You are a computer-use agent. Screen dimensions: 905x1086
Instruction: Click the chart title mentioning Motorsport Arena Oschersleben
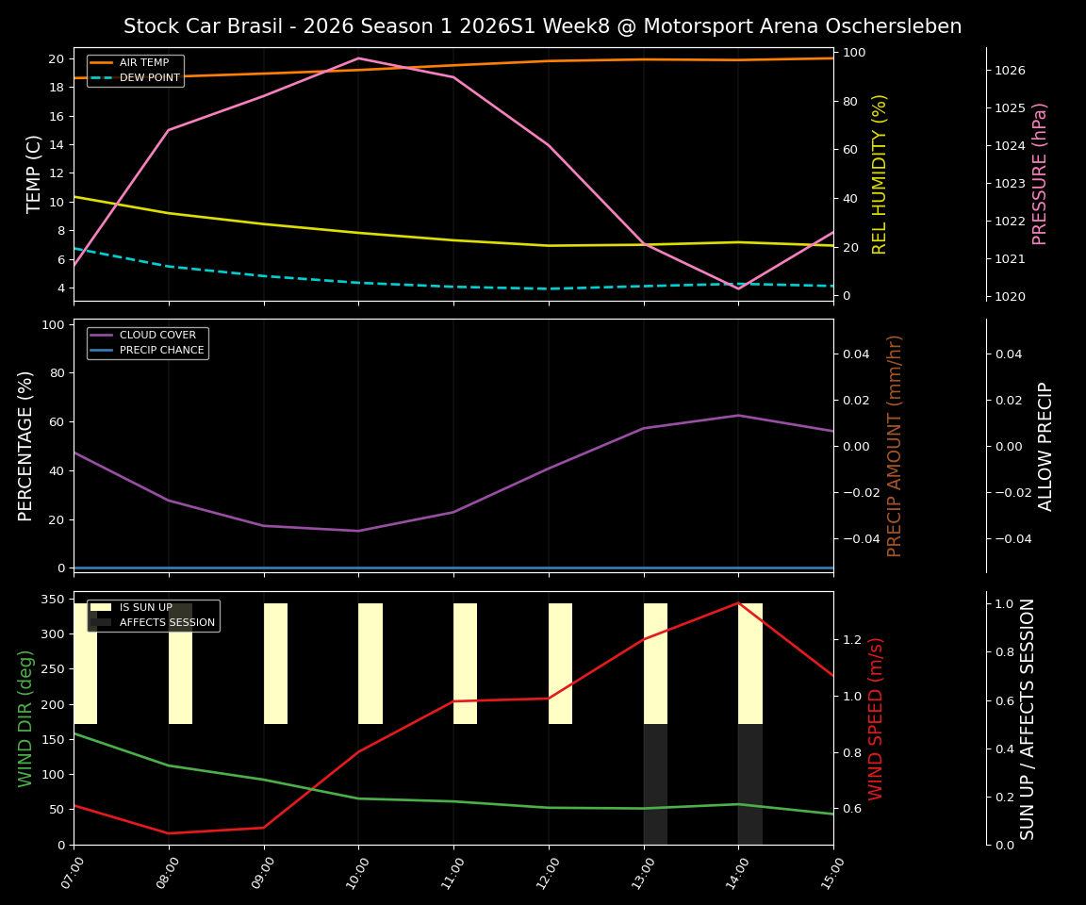tap(542, 26)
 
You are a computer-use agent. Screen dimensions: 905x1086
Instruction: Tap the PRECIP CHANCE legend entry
tap(161, 350)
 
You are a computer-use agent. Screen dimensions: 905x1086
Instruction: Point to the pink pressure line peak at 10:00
tap(358, 58)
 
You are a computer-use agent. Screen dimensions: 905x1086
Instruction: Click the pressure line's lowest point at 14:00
tap(738, 288)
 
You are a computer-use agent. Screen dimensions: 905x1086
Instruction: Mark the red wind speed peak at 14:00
tap(738, 602)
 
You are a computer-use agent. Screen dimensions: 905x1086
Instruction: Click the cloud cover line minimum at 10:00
tap(358, 531)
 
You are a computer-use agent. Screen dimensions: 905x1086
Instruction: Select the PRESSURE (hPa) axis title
tap(1040, 173)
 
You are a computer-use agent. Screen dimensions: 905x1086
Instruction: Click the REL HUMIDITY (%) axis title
tap(880, 173)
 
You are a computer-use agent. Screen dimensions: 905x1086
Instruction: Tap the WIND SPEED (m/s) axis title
tap(876, 718)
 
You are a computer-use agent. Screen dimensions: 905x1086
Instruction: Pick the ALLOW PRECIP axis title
tap(1045, 446)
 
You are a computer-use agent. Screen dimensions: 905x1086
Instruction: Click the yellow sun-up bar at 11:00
tap(465, 664)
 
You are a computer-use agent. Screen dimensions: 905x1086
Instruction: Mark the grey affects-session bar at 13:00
tap(655, 784)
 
